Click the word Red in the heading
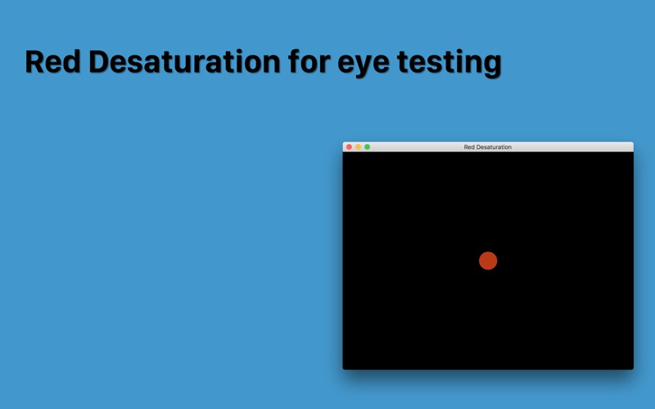click(52, 62)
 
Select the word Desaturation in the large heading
click(185, 62)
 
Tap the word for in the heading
click(309, 61)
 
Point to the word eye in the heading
click(363, 65)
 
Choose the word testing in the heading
click(449, 64)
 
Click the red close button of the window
click(350, 147)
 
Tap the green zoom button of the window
click(367, 147)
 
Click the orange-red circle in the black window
click(488, 261)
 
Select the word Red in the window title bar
click(469, 147)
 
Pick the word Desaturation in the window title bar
click(494, 147)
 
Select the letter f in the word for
click(294, 61)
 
